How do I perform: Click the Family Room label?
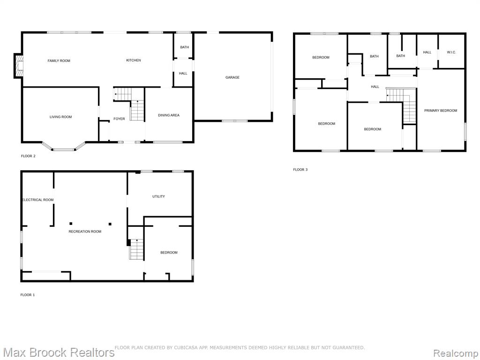click(59, 60)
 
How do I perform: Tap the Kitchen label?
click(134, 60)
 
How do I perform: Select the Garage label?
click(232, 77)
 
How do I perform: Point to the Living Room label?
click(60, 117)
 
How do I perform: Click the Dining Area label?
click(169, 115)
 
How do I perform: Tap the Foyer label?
click(119, 119)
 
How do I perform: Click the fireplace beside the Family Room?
click(18, 66)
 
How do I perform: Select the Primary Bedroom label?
click(441, 111)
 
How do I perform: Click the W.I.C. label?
click(451, 52)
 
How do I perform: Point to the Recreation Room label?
click(85, 232)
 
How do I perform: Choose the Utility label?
click(158, 196)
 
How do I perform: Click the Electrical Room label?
click(38, 200)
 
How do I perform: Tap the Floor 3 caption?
click(300, 170)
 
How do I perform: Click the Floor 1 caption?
click(28, 295)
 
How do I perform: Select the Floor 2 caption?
click(28, 156)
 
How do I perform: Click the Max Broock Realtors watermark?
click(58, 352)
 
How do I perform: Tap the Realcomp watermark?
click(455, 353)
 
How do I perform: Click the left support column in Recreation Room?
click(71, 224)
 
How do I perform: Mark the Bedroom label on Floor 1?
click(169, 253)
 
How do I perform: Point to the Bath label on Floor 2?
click(184, 47)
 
